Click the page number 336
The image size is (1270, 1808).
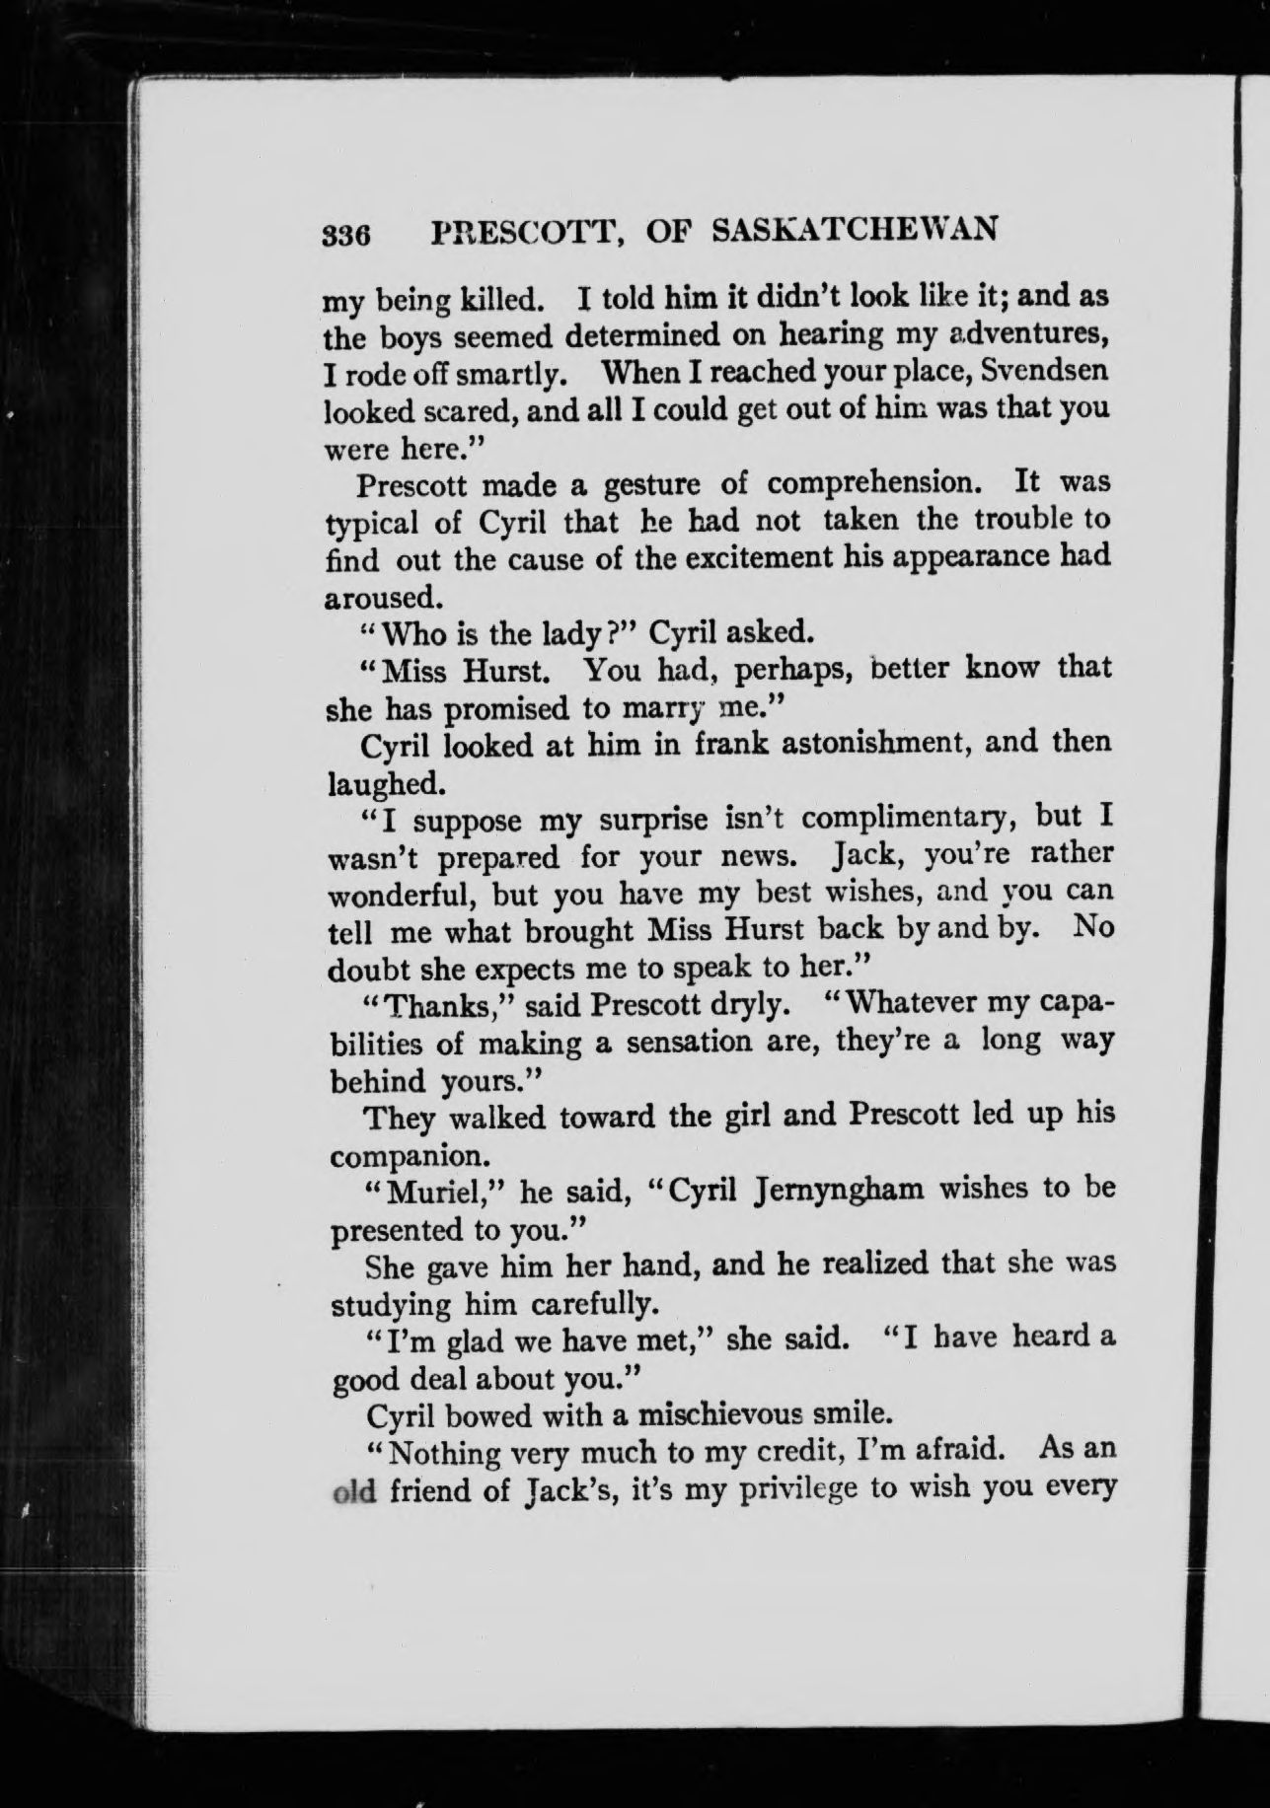[345, 235]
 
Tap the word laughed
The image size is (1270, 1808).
[380, 784]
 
